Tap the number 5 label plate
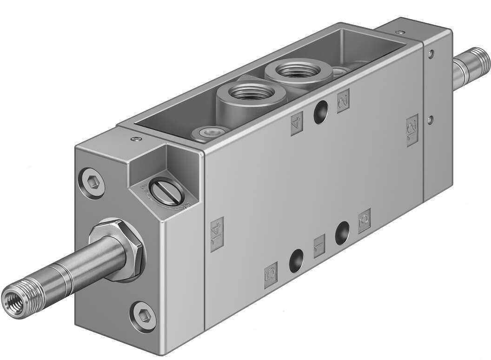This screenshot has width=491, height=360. pos(271,275)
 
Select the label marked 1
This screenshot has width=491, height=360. pos(319,247)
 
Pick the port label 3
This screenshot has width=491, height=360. pos(365,220)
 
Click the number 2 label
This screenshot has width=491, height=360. pos(343,100)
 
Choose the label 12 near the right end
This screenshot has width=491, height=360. pos(412,130)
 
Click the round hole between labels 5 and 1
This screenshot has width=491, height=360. pos(296,260)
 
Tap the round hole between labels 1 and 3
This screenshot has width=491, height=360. pos(342,233)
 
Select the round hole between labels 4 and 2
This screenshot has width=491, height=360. pos(320,113)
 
